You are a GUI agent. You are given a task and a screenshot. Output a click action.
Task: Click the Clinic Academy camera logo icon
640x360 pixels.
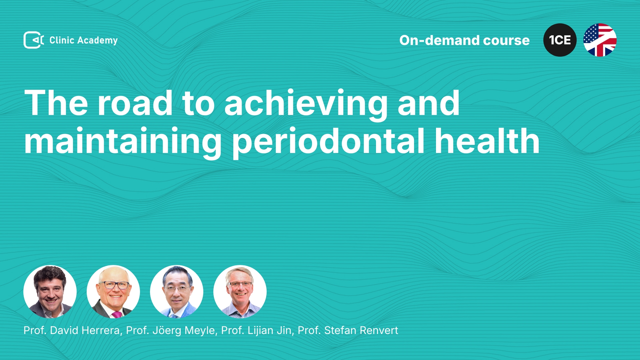pos(34,40)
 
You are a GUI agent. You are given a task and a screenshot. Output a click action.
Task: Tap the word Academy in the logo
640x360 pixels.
pos(97,41)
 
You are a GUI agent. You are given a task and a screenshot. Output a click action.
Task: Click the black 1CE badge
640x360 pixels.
pos(560,40)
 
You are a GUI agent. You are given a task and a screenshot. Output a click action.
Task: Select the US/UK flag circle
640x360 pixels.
pos(600,40)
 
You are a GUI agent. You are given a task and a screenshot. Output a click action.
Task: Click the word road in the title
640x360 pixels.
pos(135,103)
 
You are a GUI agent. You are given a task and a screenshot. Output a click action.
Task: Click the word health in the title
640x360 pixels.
pos(487,141)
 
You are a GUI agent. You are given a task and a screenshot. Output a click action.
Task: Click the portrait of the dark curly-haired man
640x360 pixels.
pos(50,292)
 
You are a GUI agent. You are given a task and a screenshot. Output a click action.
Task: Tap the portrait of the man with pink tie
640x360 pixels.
pos(113,292)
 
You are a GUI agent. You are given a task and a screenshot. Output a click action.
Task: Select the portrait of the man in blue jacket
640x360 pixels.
pos(177,292)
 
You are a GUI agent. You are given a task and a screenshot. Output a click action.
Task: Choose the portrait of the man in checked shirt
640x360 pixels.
pos(240,292)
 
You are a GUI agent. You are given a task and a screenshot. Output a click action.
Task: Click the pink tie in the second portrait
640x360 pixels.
pos(116,314)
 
